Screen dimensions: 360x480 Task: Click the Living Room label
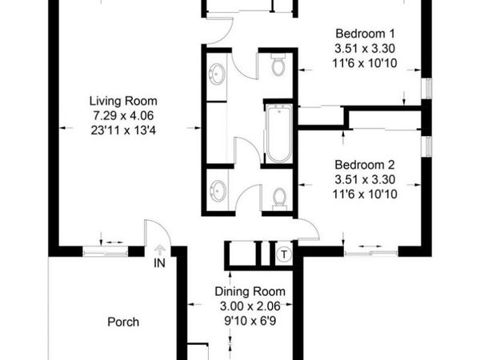pos(122,101)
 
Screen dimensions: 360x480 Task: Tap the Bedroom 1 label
pos(366,34)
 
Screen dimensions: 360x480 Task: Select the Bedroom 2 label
pos(366,166)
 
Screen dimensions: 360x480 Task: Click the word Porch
pos(123,322)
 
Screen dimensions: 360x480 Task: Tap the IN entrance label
pos(159,262)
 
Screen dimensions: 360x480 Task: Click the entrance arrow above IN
pos(159,249)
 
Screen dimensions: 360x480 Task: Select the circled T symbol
pos(283,254)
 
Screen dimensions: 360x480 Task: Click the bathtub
pos(278,133)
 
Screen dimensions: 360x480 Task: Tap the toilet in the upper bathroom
pos(278,66)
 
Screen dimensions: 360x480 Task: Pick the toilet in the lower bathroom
pos(279,197)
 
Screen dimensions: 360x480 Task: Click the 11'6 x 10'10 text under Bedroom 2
pos(366,194)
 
